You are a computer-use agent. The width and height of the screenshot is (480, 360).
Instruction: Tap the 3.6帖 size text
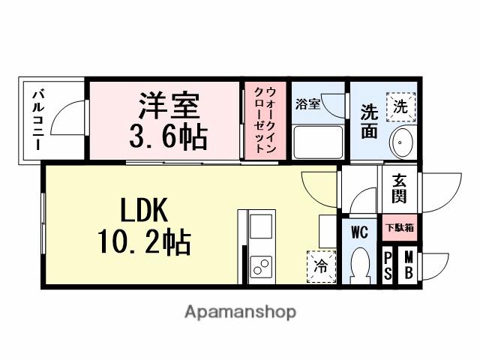pyautogui.click(x=169, y=137)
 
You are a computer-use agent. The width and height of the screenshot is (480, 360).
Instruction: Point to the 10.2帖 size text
pyautogui.click(x=143, y=242)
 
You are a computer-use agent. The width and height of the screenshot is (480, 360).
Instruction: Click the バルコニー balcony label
pyautogui.click(x=37, y=118)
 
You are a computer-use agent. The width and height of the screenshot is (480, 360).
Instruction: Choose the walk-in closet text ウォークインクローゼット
pyautogui.click(x=265, y=119)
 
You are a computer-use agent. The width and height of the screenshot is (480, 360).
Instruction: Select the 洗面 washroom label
pyautogui.click(x=368, y=121)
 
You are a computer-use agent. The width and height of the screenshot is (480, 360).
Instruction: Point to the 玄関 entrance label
pyautogui.click(x=398, y=191)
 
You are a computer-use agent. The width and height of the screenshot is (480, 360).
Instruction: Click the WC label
pyautogui.click(x=359, y=232)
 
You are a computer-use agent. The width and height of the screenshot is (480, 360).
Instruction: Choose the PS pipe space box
pyautogui.click(x=388, y=266)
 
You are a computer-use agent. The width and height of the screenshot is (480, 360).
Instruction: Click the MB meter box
pyautogui.click(x=407, y=266)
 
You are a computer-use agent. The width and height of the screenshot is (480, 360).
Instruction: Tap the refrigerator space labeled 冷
pyautogui.click(x=320, y=266)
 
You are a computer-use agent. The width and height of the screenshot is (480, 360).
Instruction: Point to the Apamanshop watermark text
pyautogui.click(x=240, y=311)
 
